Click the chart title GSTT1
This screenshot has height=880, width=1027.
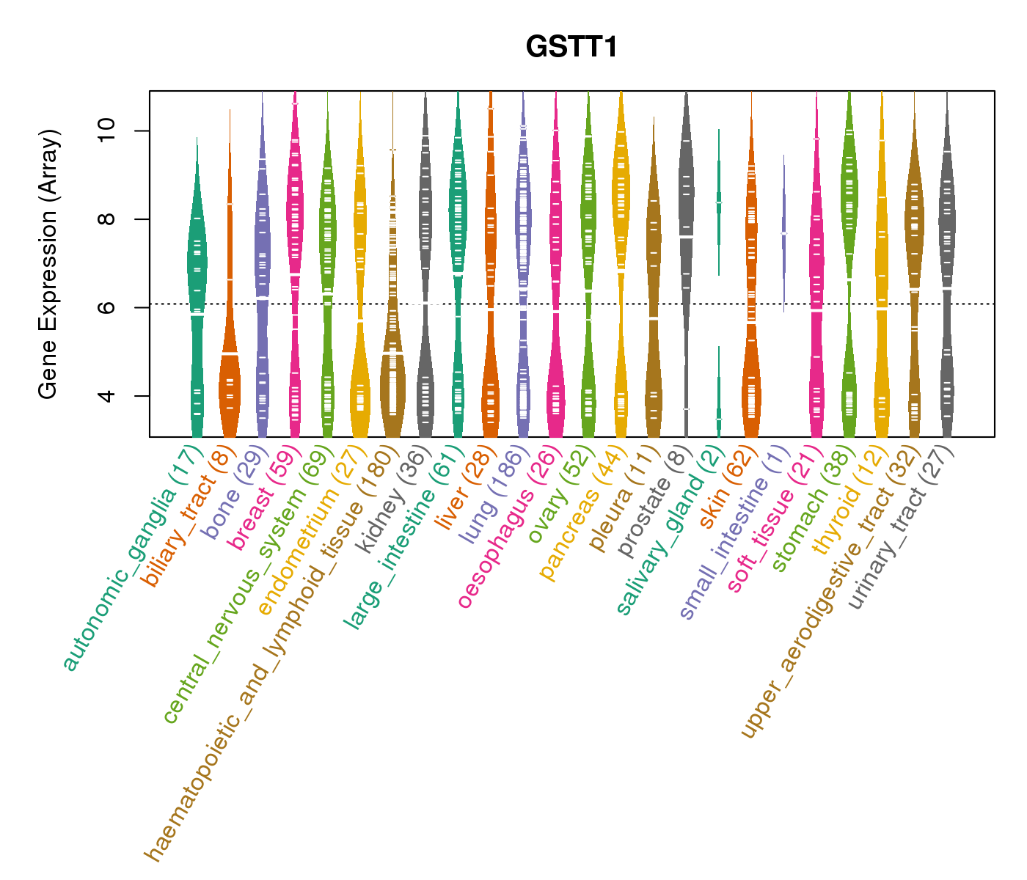tap(571, 48)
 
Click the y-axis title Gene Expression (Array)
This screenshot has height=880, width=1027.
tap(48, 264)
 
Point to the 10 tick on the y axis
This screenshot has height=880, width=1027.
tap(107, 131)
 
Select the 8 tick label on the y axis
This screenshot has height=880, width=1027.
tap(107, 219)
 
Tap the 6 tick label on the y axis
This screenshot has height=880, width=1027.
tap(107, 307)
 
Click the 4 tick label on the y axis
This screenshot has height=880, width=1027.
tap(107, 396)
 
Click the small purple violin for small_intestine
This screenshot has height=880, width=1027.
tap(784, 235)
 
